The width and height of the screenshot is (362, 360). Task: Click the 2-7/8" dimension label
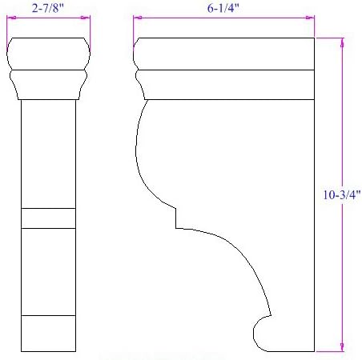(x=48, y=8)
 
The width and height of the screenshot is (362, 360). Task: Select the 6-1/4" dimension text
(x=223, y=8)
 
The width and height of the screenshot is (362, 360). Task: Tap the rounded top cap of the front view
(x=48, y=54)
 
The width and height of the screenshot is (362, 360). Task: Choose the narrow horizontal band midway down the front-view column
(x=48, y=218)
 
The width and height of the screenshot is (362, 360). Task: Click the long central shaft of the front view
(x=48, y=152)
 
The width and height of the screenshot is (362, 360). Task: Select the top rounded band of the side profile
(x=224, y=54)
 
